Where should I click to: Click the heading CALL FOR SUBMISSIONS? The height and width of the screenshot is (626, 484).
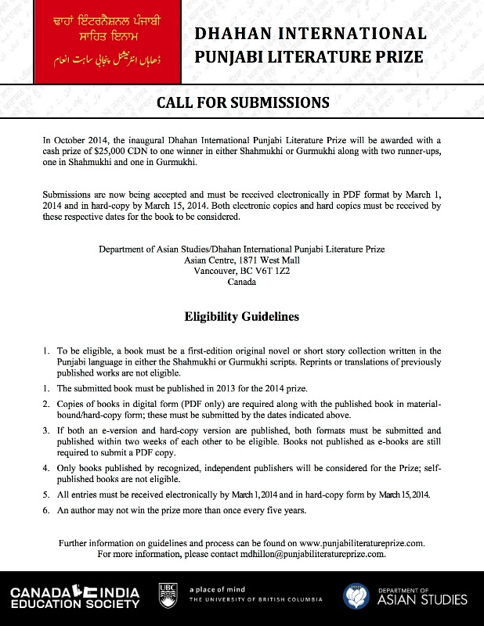pos(241,103)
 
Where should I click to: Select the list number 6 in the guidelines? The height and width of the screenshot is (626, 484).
pos(47,510)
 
